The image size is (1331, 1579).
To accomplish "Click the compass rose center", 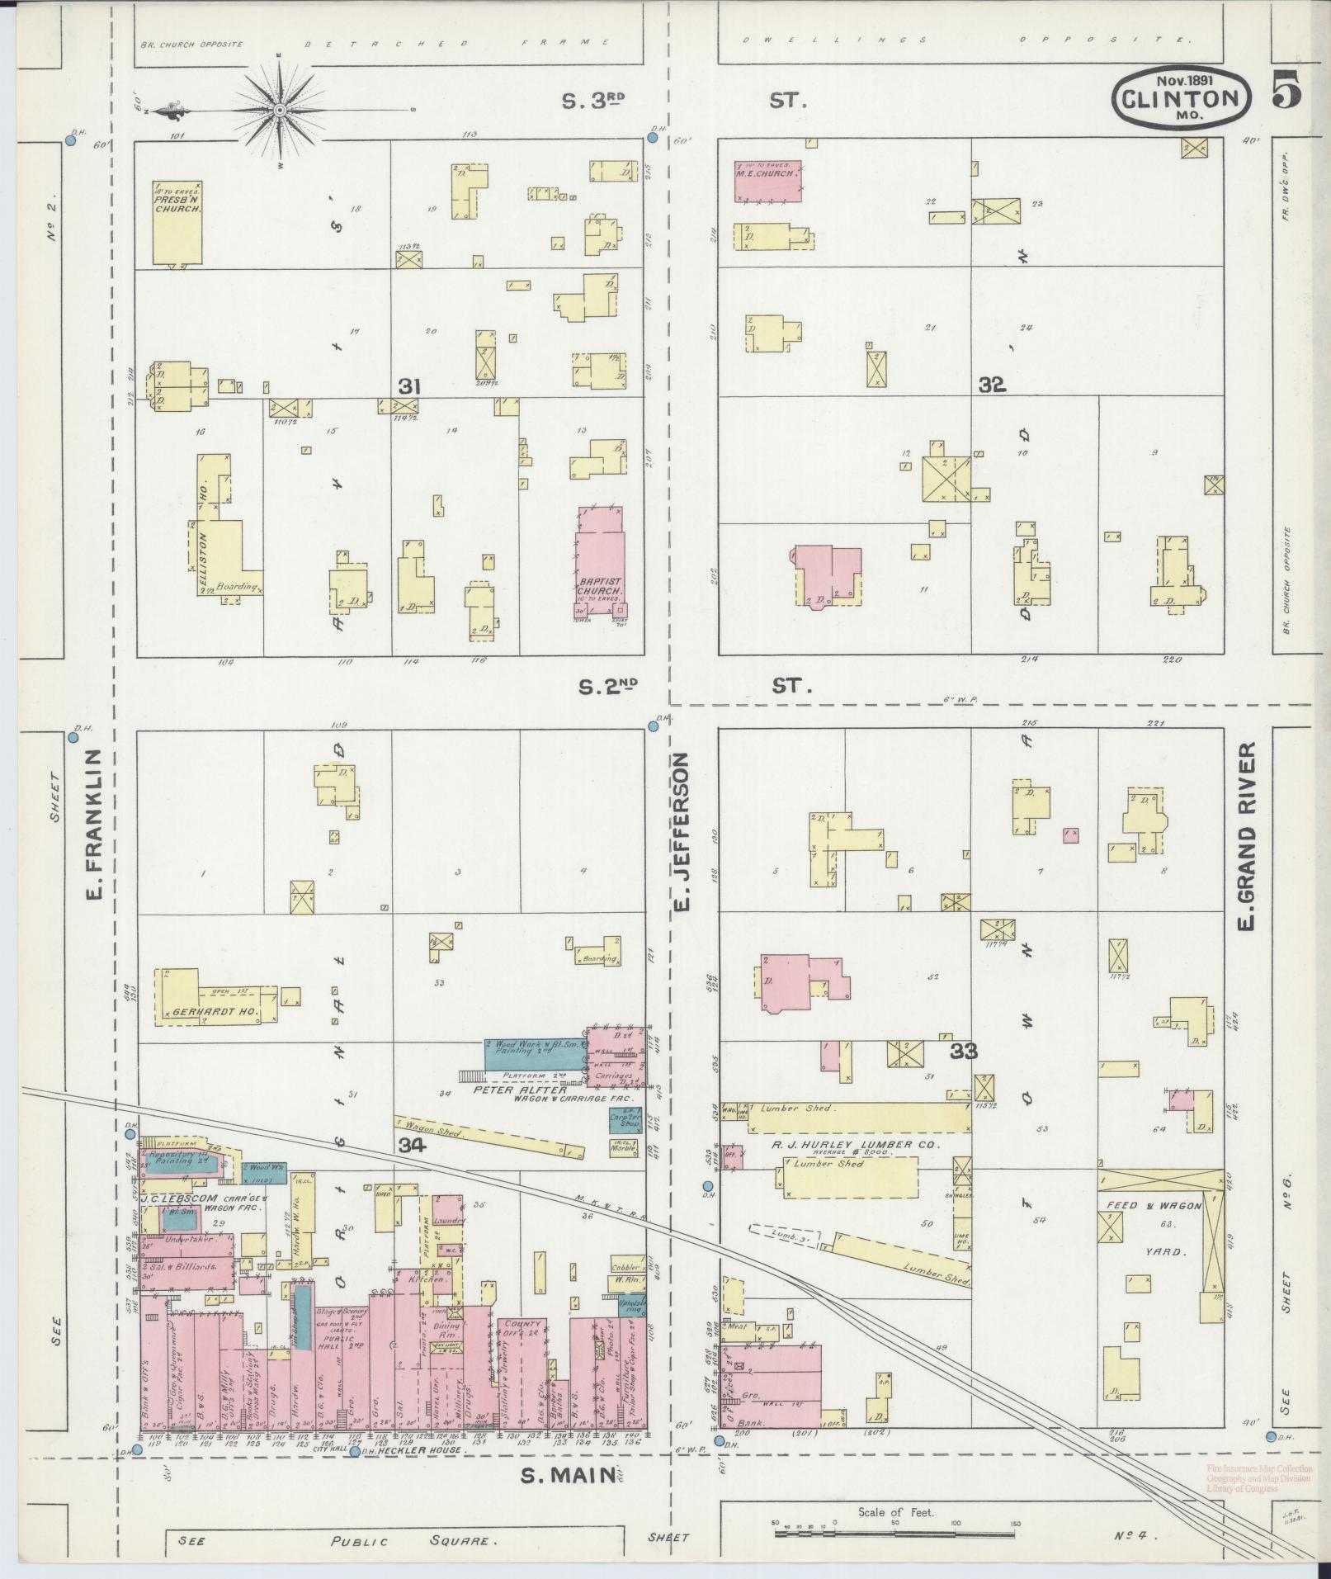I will [x=280, y=110].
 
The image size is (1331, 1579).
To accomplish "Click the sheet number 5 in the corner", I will [x=1286, y=90].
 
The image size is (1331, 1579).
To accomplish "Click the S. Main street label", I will [x=569, y=1477].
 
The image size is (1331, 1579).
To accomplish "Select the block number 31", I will [x=410, y=386].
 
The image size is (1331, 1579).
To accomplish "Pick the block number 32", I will [x=992, y=385].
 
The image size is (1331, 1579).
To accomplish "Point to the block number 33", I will [x=963, y=1051].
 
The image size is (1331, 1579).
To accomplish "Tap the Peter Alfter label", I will [x=519, y=1090].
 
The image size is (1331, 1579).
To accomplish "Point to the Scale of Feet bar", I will [x=894, y=1533].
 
